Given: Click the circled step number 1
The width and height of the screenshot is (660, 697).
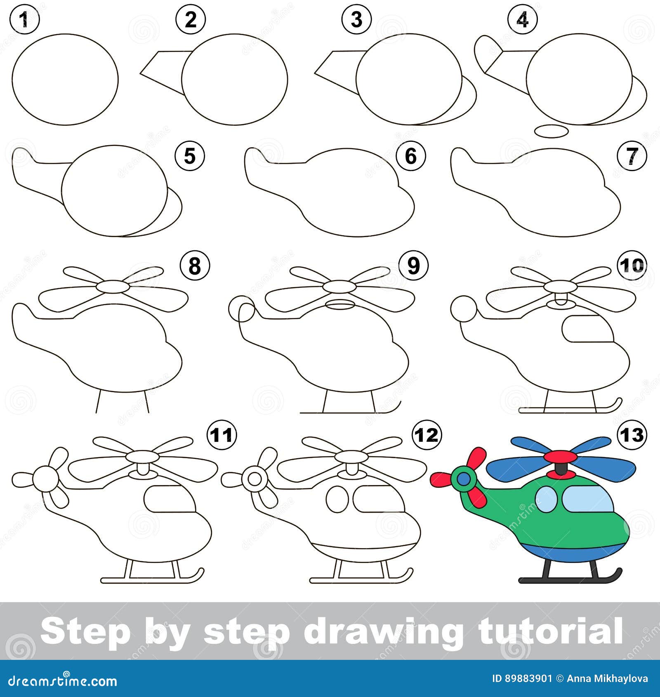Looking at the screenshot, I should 25,19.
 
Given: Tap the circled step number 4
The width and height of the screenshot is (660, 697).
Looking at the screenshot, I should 522,19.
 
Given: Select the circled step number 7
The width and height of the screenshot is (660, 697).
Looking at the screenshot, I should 632,157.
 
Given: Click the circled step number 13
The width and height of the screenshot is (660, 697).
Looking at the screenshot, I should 632,435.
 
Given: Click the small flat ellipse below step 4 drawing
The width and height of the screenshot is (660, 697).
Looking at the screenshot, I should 552,132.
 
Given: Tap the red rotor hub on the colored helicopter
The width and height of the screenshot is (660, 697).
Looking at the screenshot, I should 561,457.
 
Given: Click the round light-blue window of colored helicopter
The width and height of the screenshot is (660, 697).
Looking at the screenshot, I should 547,498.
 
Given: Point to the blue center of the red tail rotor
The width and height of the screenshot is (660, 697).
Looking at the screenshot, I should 464,479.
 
